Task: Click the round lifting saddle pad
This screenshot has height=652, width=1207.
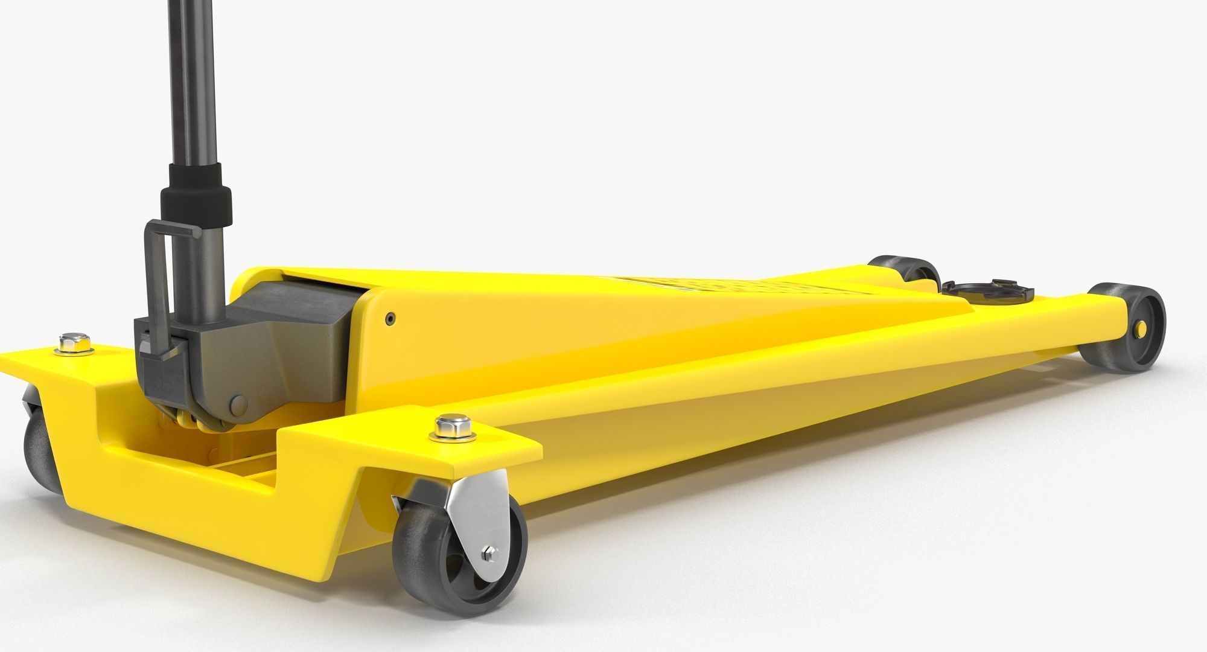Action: click(x=990, y=293)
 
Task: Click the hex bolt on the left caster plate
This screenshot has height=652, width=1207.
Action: click(x=73, y=342)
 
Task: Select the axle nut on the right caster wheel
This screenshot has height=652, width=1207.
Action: click(x=488, y=554)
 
